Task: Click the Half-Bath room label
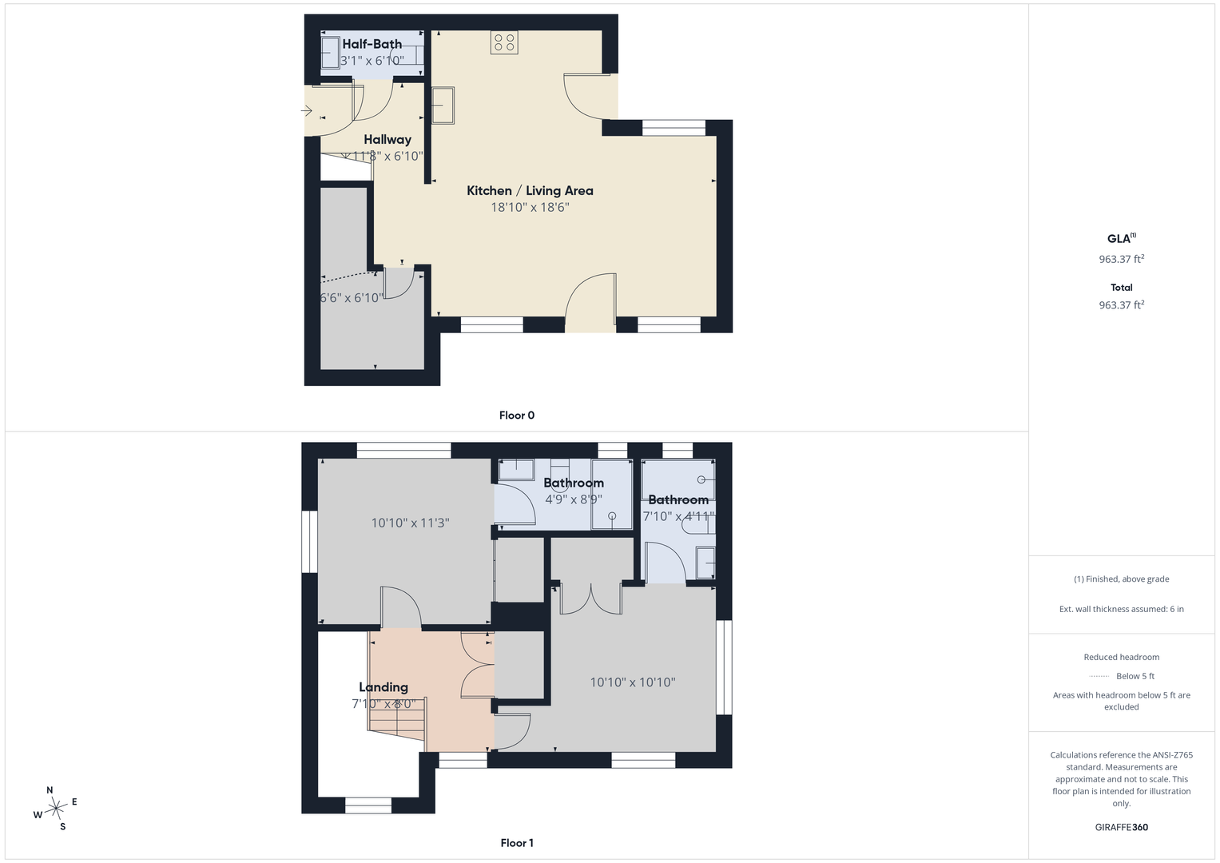[x=372, y=44]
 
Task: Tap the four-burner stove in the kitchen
[x=504, y=42]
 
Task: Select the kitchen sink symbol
[x=443, y=105]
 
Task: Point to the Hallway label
[x=387, y=140]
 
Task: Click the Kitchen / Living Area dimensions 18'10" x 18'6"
[x=530, y=208]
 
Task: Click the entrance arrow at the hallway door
[x=307, y=111]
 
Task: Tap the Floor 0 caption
[x=517, y=416]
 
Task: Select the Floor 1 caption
[x=517, y=843]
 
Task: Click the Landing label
[x=383, y=687]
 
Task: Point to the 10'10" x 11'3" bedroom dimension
[x=410, y=523]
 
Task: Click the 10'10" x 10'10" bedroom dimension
[x=633, y=682]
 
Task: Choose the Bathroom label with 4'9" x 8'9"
[x=574, y=483]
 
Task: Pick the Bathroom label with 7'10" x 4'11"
[x=678, y=499]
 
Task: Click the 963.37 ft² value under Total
[x=1122, y=304]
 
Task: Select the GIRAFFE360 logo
[x=1122, y=827]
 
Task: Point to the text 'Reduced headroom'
[x=1122, y=657]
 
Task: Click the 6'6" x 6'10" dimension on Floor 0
[x=352, y=298]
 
